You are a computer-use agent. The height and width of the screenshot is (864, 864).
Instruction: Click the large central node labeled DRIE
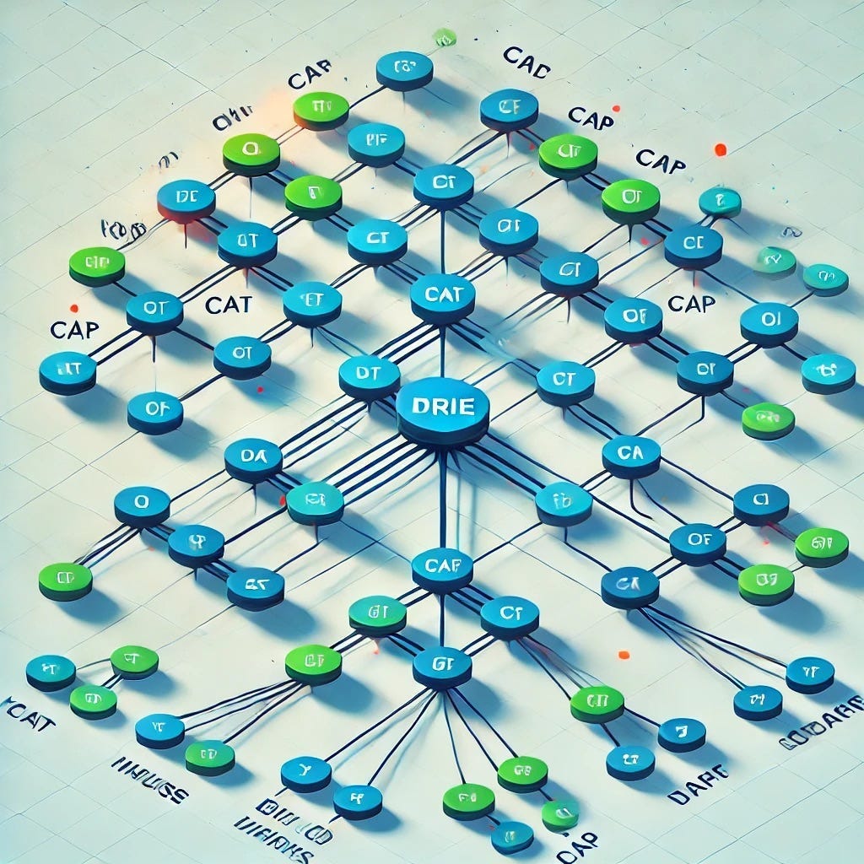(442, 408)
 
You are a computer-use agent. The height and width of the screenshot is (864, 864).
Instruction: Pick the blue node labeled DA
(253, 457)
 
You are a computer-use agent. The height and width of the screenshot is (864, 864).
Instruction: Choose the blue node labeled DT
(369, 374)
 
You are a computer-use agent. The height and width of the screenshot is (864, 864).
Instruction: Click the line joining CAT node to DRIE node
(442, 350)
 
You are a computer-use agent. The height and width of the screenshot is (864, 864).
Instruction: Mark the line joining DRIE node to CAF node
(442, 498)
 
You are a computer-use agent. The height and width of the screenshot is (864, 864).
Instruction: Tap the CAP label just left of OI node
(691, 302)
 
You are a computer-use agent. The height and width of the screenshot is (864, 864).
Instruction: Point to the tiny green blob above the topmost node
(444, 37)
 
